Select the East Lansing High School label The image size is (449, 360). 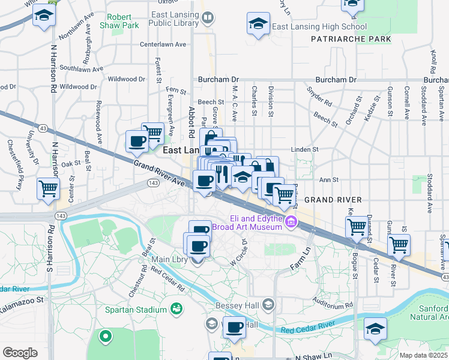[x=319, y=27]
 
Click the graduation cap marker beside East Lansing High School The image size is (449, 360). [x=258, y=25]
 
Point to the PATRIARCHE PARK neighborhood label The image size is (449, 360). [x=351, y=39]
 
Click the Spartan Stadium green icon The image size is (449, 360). [x=176, y=309]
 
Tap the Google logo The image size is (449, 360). [x=20, y=353]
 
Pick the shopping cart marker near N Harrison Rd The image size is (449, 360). [x=48, y=188]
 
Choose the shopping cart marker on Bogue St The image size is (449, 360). [x=357, y=227]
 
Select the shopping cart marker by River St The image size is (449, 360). [x=399, y=244]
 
